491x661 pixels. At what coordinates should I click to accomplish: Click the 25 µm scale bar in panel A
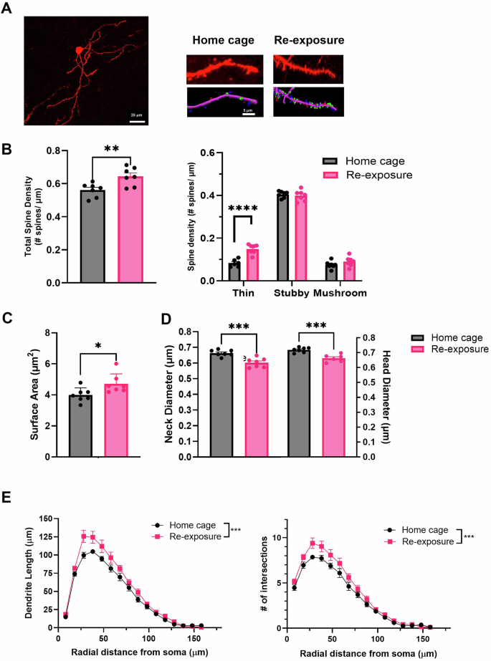pos(138,121)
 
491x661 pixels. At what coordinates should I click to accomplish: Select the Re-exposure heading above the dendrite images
pos(306,42)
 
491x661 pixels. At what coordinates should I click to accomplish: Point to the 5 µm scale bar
pos(246,113)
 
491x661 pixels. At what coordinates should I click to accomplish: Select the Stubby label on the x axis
pos(292,294)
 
